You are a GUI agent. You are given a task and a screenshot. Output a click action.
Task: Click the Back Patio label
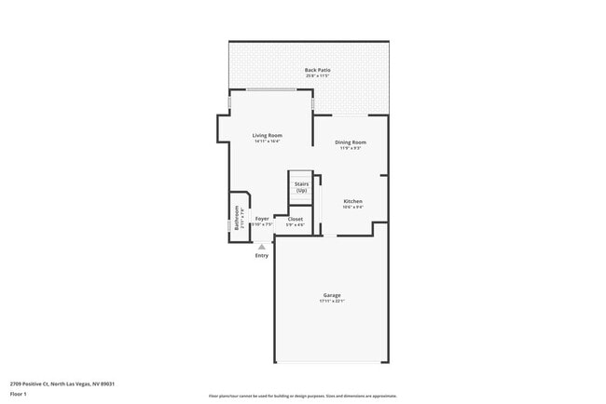[x=317, y=70]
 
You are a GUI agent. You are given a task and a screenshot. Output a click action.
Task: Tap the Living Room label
[x=267, y=135]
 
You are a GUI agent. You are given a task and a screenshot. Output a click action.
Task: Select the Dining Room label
[x=351, y=141]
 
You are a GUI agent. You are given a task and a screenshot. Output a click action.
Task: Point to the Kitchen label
[x=352, y=201]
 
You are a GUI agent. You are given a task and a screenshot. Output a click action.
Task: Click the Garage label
[x=332, y=295]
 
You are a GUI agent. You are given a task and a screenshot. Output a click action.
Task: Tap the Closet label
[x=295, y=219]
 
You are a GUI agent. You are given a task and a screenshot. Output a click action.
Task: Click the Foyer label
[x=262, y=219]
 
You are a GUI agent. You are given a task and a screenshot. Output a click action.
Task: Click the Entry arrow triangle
[x=261, y=247]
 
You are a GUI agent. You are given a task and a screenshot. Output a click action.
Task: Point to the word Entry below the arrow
[x=261, y=256]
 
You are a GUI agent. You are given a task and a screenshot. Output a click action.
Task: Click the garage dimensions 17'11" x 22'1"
[x=332, y=302]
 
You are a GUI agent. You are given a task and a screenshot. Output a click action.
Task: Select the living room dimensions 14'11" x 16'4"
[x=267, y=141]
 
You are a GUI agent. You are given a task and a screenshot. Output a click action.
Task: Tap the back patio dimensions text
[x=317, y=76]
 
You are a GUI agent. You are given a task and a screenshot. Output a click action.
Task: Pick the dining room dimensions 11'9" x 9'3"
[x=351, y=148]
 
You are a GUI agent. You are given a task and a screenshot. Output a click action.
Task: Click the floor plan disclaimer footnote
[x=302, y=396]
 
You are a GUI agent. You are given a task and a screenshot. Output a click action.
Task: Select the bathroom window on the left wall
[x=229, y=224]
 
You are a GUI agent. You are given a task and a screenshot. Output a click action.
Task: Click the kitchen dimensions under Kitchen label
[x=352, y=208]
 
